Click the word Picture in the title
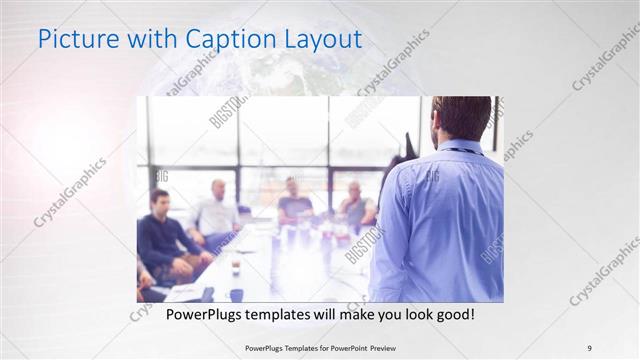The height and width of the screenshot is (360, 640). [x=73, y=40]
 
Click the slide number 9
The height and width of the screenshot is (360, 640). [x=590, y=347]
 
